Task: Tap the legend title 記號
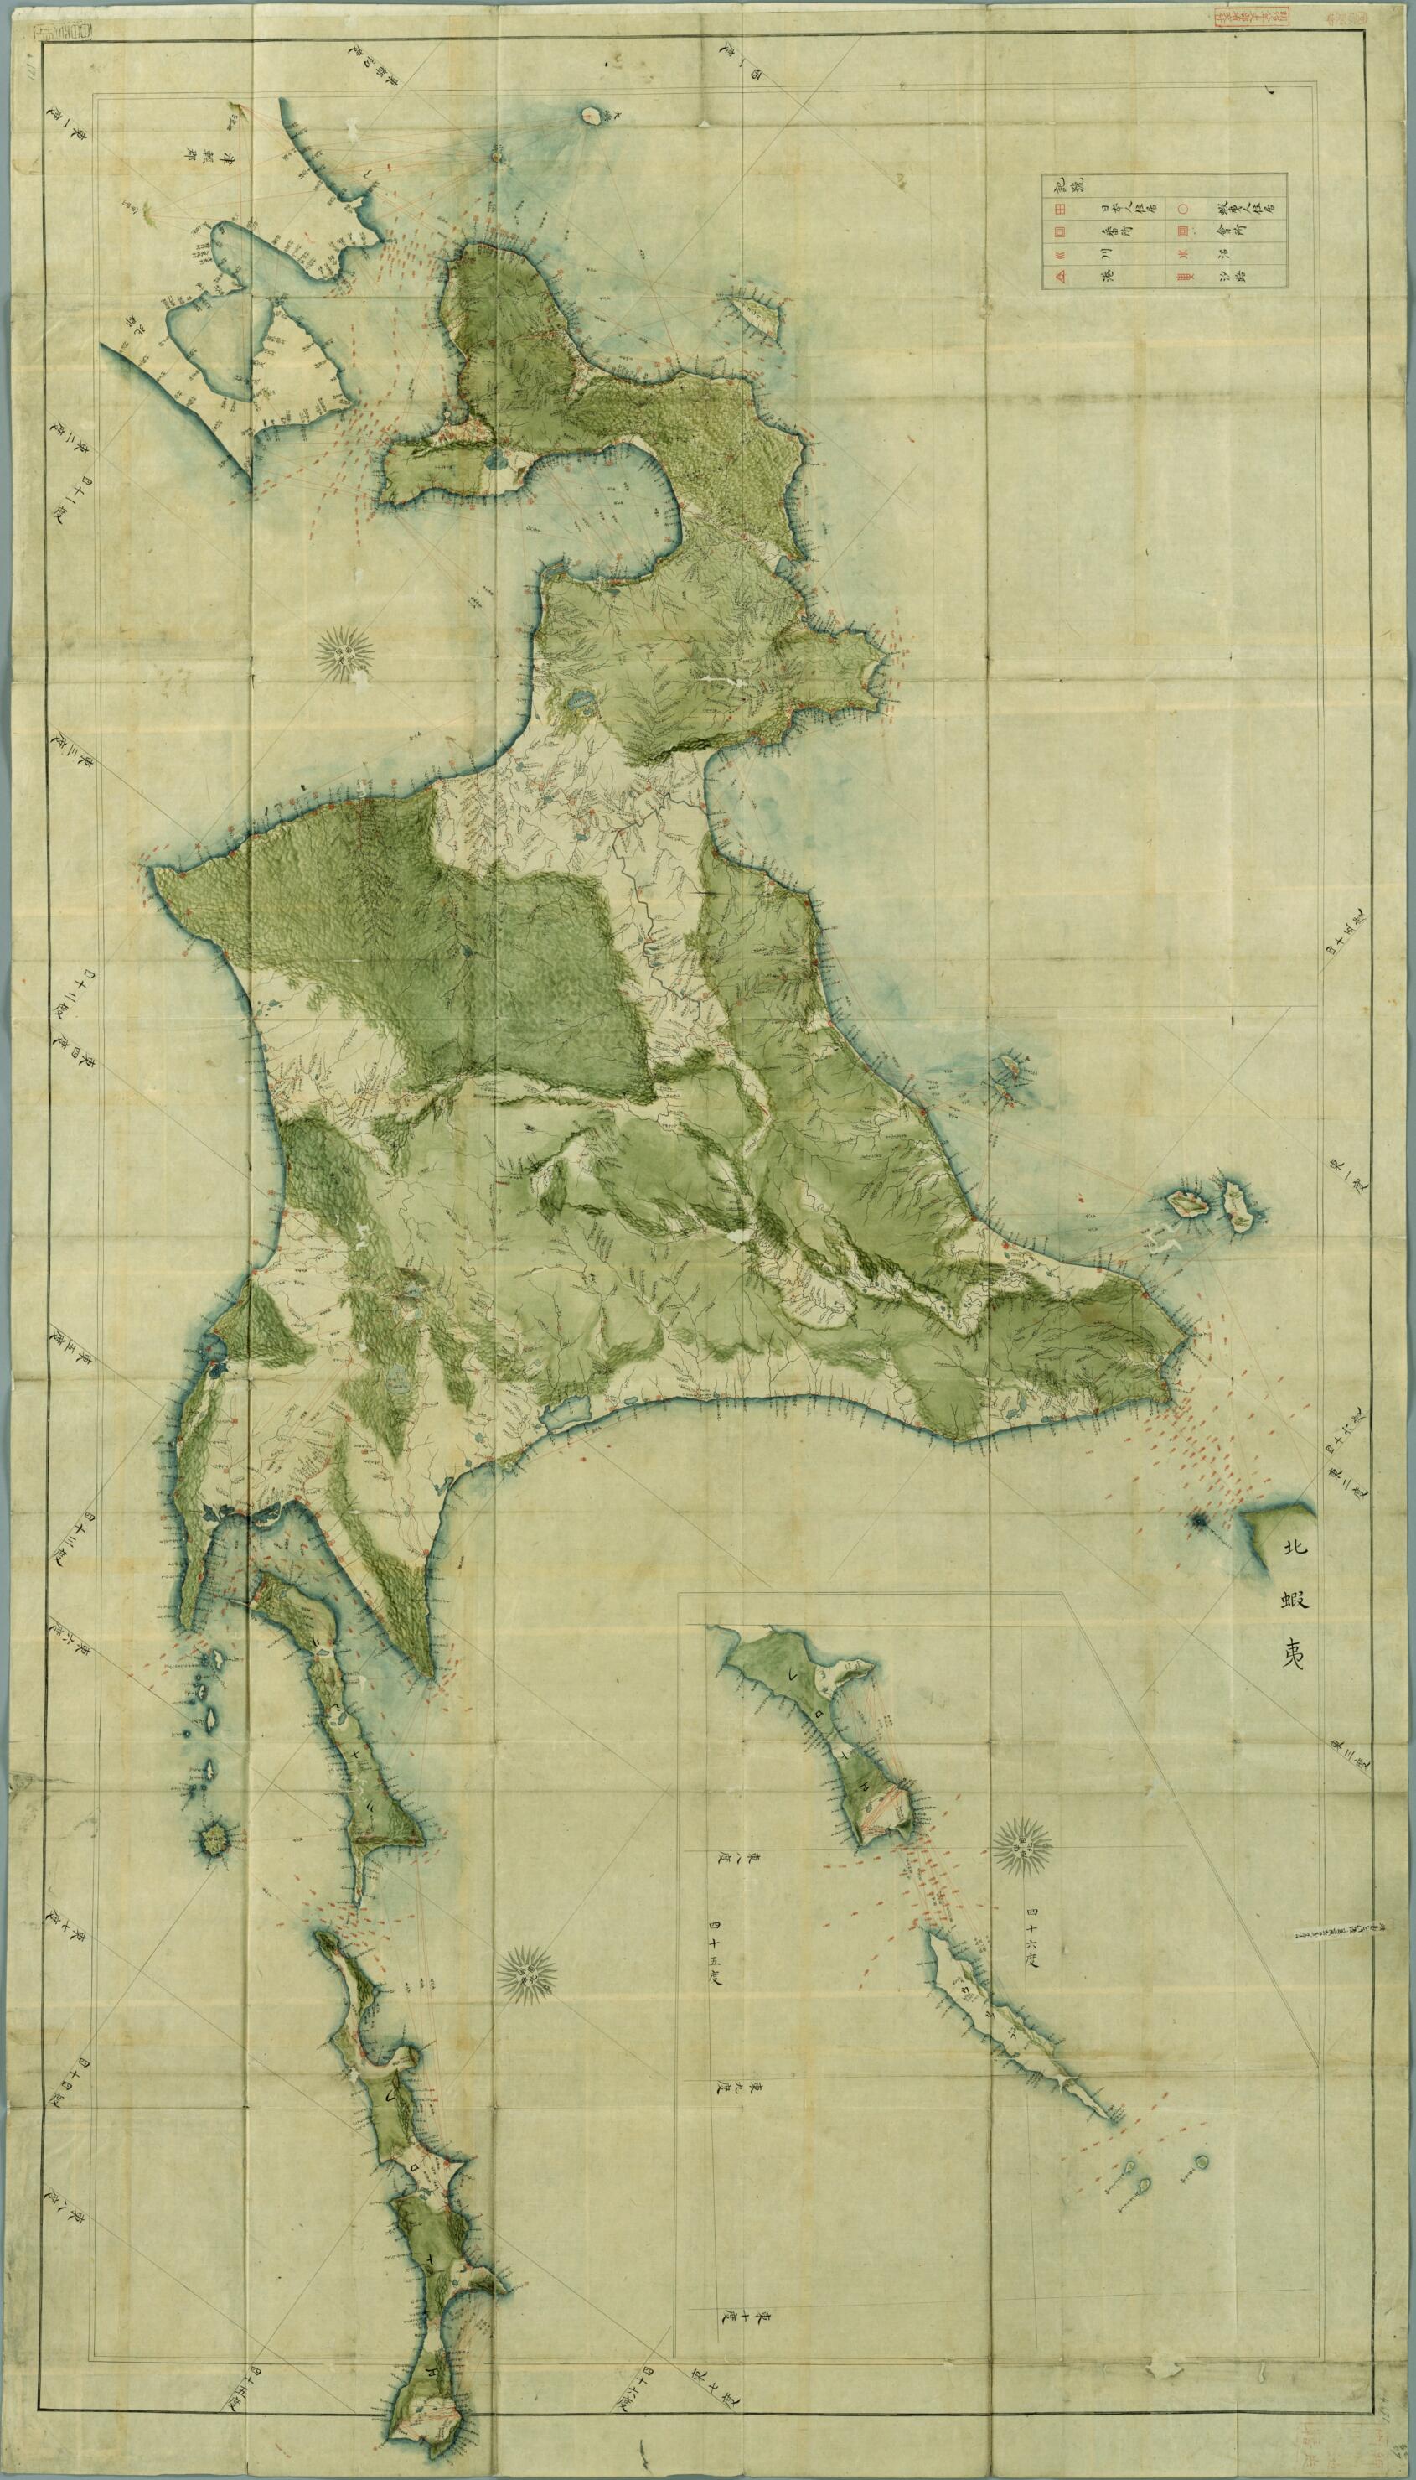[x=1052, y=183]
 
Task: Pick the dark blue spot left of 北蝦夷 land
[x=1197, y=1521]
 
